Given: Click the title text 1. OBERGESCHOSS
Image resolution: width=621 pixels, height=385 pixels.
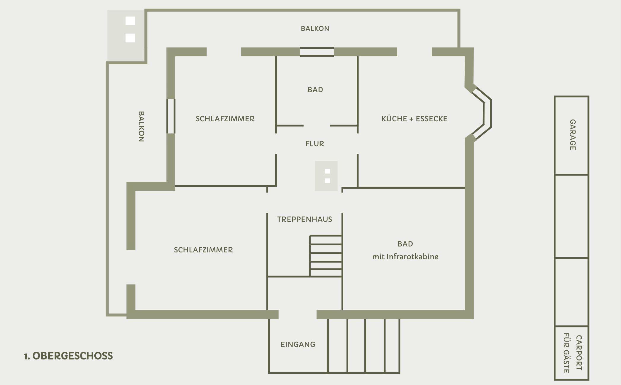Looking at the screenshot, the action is pos(68,356).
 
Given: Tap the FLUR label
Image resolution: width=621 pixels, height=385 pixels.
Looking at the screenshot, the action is pos(315,144).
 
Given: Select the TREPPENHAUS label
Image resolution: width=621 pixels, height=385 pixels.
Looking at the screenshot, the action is pos(305,219).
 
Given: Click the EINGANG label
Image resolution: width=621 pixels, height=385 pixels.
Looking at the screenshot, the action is pos(298,344).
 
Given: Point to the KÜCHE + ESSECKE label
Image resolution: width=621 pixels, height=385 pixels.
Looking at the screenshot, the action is pos(414,119).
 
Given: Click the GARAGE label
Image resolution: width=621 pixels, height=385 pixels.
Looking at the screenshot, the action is pos(573,135).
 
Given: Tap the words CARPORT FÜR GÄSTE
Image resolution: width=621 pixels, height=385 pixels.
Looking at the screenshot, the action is pos(573,353).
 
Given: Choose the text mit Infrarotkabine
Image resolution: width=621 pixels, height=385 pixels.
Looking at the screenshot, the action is pos(405,257).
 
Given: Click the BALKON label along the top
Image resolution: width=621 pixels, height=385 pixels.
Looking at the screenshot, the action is pos(315,28).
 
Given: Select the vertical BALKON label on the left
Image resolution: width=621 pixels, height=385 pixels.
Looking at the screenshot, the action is pos(142,127).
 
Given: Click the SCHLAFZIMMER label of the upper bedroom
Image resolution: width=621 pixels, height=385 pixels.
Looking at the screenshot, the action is pos(225,119).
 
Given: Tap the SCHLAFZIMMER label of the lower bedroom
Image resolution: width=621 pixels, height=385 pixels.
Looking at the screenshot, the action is pos(203,250).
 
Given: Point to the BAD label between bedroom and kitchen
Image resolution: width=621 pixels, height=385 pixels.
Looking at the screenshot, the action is pos(315,90).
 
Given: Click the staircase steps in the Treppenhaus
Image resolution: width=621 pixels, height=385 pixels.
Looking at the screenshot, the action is pos(325,256).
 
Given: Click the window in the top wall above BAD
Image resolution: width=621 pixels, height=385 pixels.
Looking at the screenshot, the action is pos(317,52).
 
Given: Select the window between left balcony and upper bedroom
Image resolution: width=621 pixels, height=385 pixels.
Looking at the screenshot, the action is pos(171,116).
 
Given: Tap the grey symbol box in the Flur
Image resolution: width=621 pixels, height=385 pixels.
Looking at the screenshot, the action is pos(326,176).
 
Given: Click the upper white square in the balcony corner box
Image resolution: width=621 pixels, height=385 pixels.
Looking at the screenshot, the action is pos(130,21).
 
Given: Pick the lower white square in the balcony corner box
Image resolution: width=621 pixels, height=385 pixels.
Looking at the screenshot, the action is pos(130,38).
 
